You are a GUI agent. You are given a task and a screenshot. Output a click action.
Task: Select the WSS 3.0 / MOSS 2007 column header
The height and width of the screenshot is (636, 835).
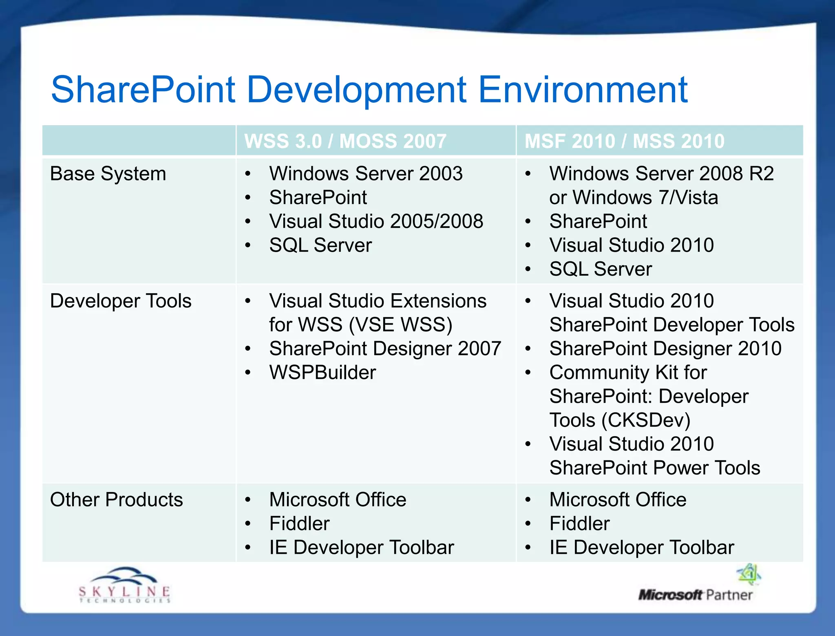pos(345,141)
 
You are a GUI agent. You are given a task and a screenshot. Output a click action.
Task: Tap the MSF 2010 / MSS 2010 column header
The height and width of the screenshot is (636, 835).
pos(624,141)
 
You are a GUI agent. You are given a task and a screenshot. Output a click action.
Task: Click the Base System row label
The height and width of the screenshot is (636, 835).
pos(108,174)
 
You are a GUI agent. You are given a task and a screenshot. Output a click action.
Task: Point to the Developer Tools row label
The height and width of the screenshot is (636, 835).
pos(121,301)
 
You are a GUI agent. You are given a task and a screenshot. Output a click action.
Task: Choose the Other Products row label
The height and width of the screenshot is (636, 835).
pos(116,500)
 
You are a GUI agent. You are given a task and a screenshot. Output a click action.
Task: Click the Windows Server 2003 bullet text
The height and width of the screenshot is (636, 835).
pos(366,174)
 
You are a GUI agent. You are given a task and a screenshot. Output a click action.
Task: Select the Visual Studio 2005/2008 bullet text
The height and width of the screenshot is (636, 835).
pos(376,221)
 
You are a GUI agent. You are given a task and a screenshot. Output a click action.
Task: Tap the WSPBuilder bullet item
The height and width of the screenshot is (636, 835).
pos(322,373)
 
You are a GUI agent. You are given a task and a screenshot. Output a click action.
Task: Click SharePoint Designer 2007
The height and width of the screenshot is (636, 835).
pos(385,349)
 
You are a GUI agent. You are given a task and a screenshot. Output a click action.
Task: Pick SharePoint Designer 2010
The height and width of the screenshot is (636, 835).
pos(665,349)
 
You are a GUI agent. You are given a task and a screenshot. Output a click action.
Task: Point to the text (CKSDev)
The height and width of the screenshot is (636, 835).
pos(646,420)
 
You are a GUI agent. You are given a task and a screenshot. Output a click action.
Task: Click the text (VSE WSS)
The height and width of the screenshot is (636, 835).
pos(400,325)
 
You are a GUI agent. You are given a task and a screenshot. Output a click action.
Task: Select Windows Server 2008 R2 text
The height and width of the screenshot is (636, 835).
pos(661,174)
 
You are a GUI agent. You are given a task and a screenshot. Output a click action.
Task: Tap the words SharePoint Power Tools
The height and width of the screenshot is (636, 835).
pos(654,468)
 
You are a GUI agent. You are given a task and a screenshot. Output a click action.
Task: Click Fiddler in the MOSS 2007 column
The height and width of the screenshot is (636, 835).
pos(299,523)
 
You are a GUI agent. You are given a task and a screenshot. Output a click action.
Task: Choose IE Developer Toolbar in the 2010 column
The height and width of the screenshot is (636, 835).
pos(641,548)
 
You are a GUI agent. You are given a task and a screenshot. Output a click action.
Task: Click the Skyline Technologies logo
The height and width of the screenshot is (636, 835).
pos(124,585)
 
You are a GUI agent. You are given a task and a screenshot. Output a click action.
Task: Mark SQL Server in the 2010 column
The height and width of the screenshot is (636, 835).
pos(600,269)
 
